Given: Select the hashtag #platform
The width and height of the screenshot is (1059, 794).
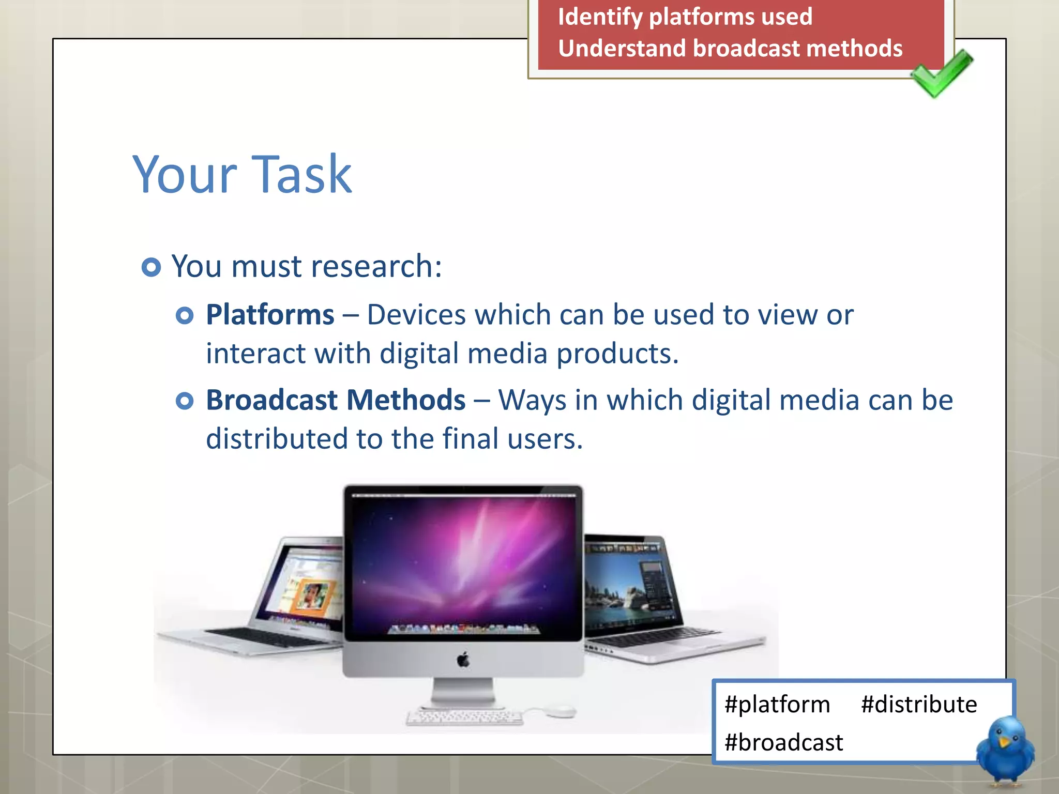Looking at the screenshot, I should (777, 705).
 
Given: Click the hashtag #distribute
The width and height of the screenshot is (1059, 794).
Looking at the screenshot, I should (919, 705).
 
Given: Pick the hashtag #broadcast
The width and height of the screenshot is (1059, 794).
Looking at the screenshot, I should (783, 743).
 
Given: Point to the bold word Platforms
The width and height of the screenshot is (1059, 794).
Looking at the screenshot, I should (270, 314).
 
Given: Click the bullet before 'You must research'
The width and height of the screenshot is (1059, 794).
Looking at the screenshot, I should (151, 267).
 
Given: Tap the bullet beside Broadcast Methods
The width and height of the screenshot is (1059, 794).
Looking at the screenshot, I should (185, 401).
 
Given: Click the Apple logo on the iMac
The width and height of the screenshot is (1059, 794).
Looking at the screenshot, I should (463, 660).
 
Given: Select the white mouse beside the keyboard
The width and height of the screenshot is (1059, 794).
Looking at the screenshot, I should (559, 712).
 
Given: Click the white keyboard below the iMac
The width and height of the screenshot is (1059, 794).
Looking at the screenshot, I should (464, 717).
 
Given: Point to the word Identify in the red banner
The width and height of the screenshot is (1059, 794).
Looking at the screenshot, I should (600, 17).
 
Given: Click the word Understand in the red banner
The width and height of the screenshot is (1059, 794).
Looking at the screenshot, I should (622, 49).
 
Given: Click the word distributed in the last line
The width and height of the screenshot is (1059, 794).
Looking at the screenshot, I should (277, 439).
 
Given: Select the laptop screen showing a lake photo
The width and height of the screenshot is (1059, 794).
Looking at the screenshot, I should (628, 584).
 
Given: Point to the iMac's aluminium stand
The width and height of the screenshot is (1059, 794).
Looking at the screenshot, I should (463, 693).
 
